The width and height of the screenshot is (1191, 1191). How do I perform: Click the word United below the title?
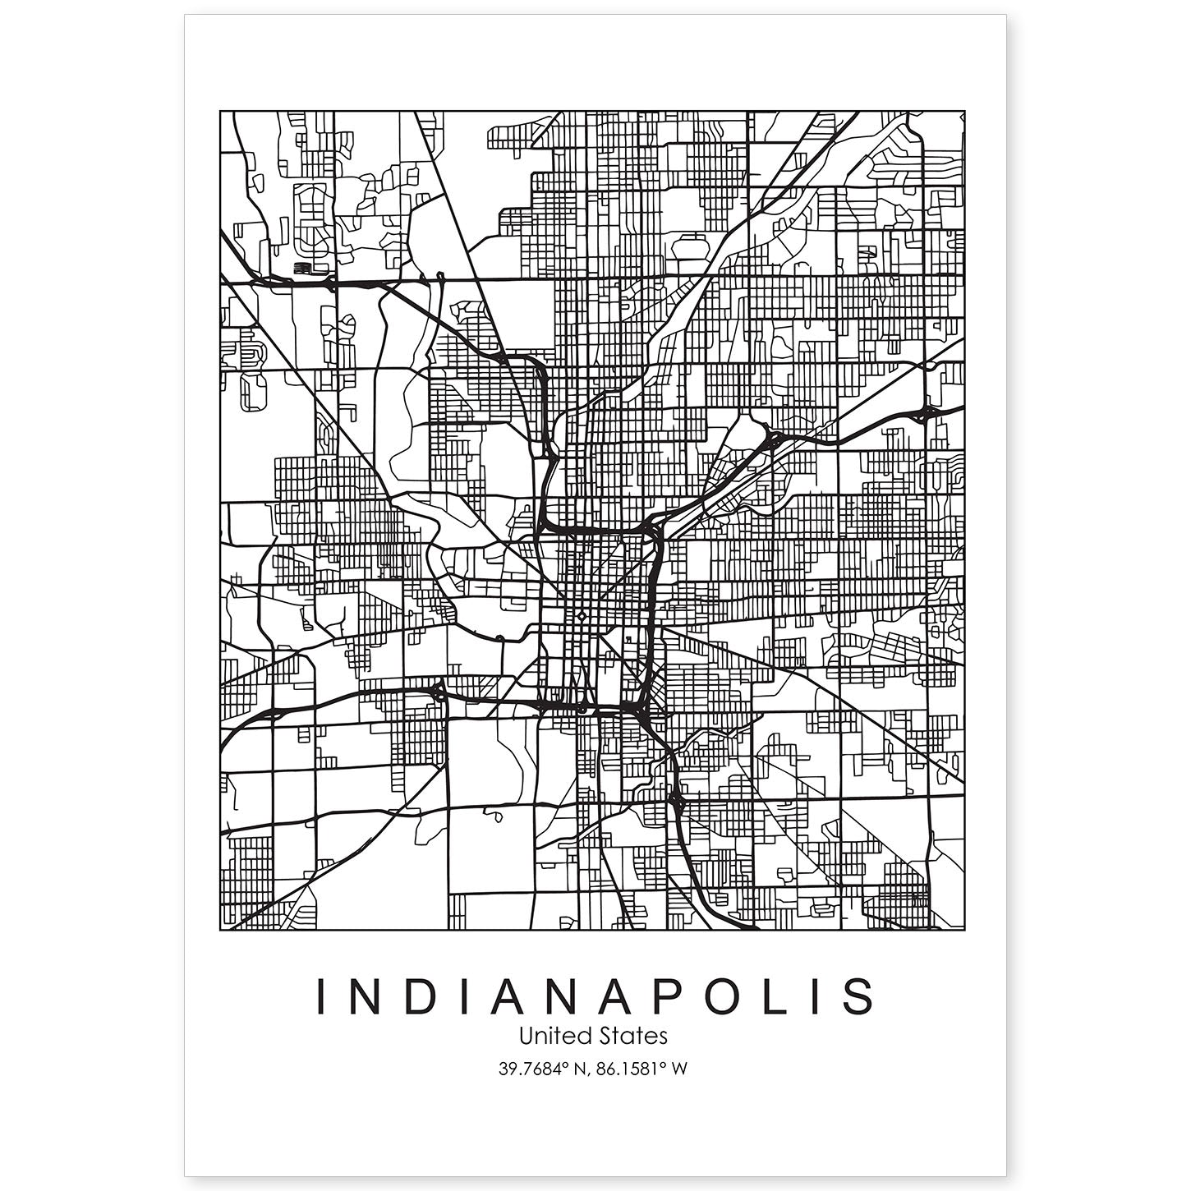tap(550, 1037)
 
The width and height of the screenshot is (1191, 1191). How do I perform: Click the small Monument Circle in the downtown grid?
tap(581, 615)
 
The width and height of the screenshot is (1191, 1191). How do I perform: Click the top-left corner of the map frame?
tap(220, 111)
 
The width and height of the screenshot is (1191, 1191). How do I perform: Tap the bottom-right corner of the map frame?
tap(964, 931)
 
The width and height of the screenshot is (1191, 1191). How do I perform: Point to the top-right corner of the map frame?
tap(964, 111)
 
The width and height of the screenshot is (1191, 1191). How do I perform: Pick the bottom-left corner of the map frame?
tap(220, 931)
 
